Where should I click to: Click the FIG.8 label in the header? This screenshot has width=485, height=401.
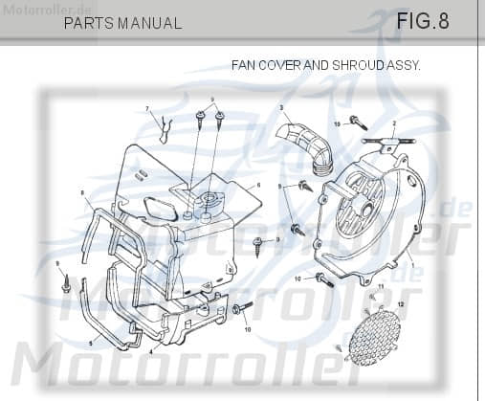tap(422, 20)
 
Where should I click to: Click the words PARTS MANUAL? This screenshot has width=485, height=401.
tap(121, 23)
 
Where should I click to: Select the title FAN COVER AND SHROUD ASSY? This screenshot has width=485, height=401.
tap(326, 65)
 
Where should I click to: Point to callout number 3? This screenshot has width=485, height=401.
tap(281, 109)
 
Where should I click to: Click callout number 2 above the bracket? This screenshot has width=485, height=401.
tap(393, 123)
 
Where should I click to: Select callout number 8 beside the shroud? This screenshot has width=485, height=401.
tap(83, 193)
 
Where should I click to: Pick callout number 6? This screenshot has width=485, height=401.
tap(258, 185)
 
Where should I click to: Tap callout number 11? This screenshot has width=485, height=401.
tap(380, 287)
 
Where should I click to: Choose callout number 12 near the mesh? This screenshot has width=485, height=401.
tap(402, 303)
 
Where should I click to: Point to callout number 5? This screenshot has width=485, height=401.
tap(91, 342)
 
